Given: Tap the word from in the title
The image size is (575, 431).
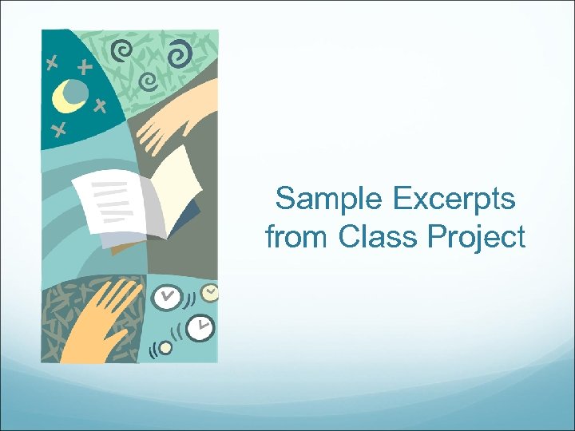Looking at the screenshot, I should click(297, 237).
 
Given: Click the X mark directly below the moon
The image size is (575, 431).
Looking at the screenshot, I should click(57, 130).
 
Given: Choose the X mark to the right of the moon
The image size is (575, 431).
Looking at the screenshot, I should click(99, 105).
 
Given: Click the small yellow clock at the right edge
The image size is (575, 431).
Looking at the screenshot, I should click(210, 292).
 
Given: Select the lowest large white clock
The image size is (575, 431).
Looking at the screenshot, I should click(200, 326).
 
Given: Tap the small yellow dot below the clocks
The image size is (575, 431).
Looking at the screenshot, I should click(165, 347).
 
